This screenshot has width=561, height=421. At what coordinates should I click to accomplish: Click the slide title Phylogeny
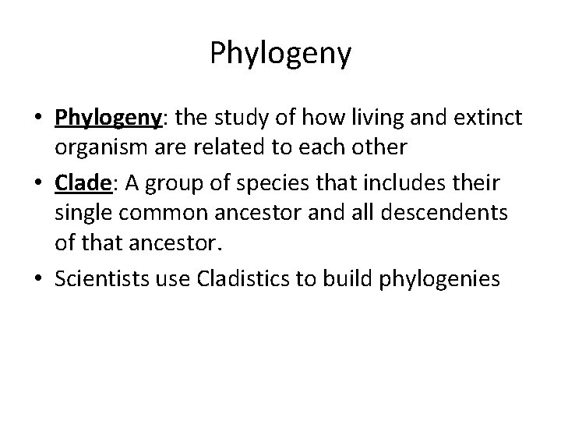280,54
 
